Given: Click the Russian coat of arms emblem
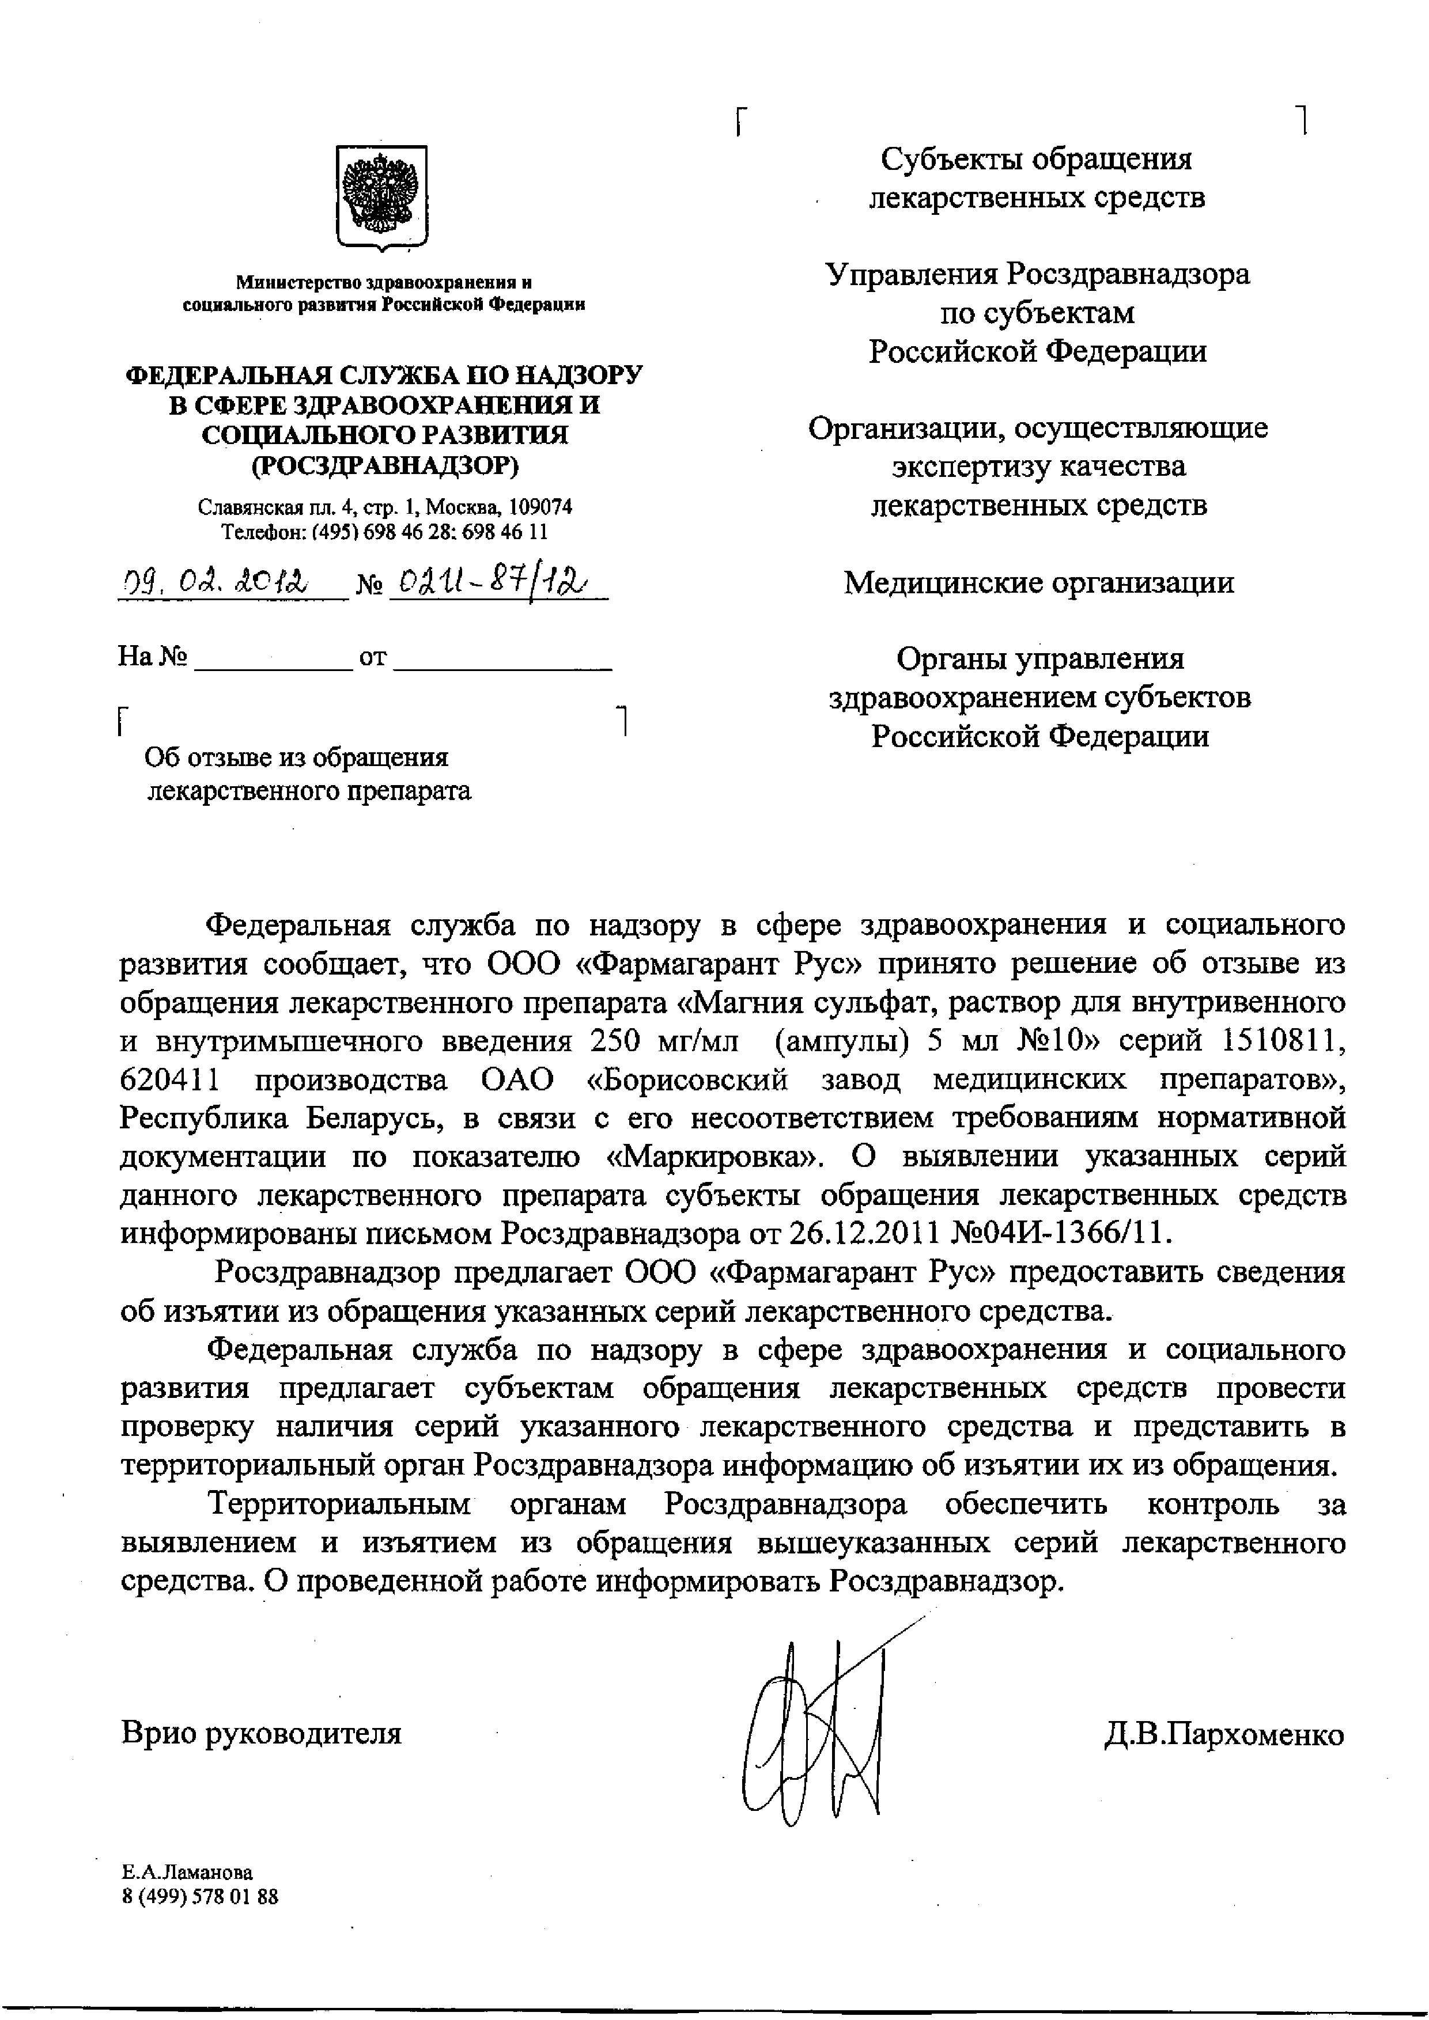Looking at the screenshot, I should [382, 196].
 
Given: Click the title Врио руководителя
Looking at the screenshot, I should [262, 1733].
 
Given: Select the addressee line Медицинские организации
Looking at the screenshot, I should [1038, 582].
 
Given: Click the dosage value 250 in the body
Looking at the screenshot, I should [606, 1041].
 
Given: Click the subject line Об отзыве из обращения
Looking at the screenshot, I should [297, 757].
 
